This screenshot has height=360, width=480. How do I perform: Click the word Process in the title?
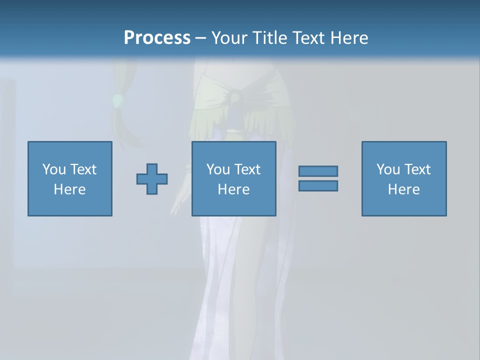click(x=157, y=38)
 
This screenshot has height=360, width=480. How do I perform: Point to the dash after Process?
click(x=200, y=38)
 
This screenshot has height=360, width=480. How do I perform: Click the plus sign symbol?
click(x=152, y=178)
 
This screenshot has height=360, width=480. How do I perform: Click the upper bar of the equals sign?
click(x=318, y=171)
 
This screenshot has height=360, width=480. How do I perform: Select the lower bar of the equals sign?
click(x=318, y=185)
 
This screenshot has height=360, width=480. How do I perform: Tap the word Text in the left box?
click(x=83, y=169)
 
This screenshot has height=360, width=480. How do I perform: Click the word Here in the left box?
click(x=70, y=189)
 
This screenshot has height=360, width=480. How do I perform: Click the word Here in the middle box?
click(x=234, y=189)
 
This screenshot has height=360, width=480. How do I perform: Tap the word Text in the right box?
click(x=417, y=169)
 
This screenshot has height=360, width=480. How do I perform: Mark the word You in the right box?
click(x=388, y=169)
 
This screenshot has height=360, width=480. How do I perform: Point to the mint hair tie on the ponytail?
click(x=117, y=100)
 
